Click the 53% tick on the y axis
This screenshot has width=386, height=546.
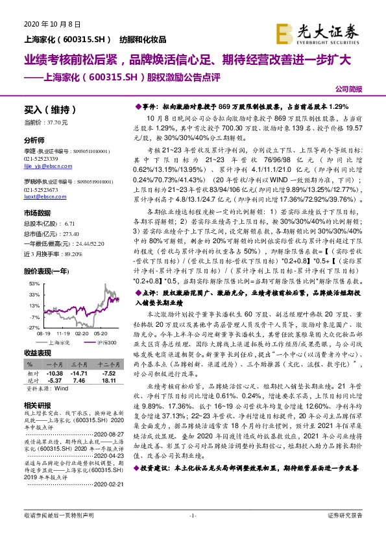click(34, 283)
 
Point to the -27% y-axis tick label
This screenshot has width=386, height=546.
click(33, 328)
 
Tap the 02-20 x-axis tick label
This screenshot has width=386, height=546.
click(82, 334)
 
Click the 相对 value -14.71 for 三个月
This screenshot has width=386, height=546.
click(78, 375)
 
